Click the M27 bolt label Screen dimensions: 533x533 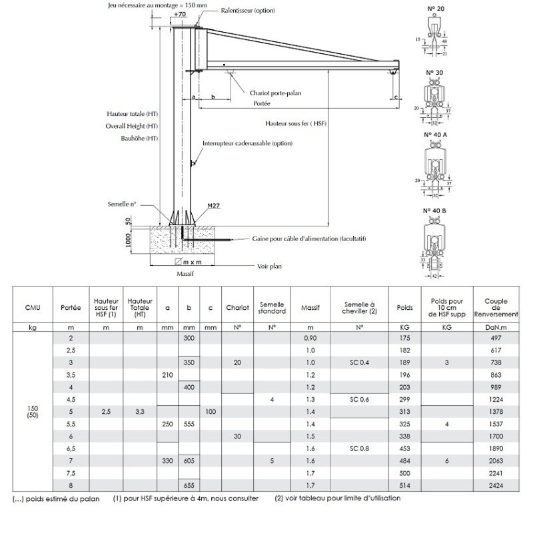(x=214, y=207)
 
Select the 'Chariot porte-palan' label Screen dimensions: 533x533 (x=275, y=93)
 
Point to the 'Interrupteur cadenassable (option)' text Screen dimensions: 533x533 (x=248, y=143)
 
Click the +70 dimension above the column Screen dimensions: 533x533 (x=179, y=14)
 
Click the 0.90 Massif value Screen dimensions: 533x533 (x=310, y=339)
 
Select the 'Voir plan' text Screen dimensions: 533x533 (x=270, y=266)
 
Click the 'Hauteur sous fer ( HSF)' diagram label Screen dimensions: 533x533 (x=295, y=124)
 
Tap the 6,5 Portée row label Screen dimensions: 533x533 (x=71, y=448)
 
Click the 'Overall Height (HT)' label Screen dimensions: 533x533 (x=132, y=126)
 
